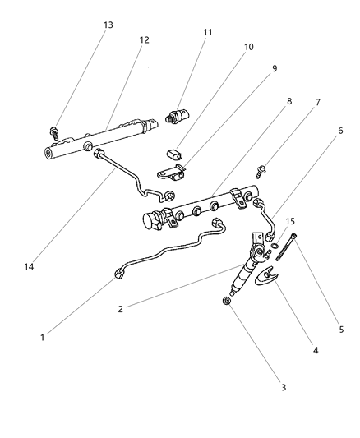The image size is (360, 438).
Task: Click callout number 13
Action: (x=108, y=25)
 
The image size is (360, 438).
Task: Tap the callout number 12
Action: (x=144, y=39)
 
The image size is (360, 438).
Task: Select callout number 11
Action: (x=207, y=32)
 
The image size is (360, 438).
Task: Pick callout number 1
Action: (x=44, y=337)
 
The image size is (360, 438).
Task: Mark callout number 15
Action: (x=289, y=222)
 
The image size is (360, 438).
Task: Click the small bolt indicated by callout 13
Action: (x=54, y=131)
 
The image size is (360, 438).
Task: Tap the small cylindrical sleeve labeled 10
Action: (x=173, y=153)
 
